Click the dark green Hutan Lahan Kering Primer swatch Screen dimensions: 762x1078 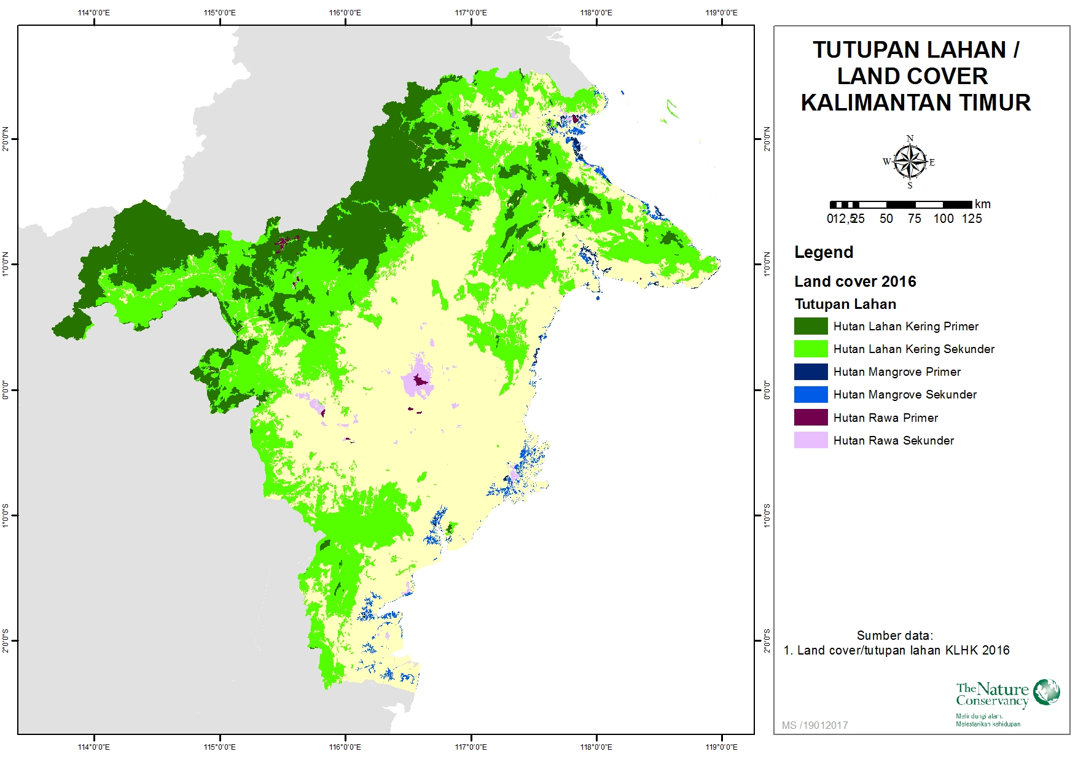click(810, 326)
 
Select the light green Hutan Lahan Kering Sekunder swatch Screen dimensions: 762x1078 click(810, 349)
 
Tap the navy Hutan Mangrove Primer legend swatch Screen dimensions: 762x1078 click(810, 371)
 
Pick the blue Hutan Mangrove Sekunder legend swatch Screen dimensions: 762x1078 click(810, 394)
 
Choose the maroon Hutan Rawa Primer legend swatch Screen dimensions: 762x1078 click(810, 418)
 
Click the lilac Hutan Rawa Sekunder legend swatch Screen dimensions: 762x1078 click(810, 440)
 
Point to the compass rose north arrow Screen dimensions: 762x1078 click(910, 161)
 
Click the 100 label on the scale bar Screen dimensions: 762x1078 click(943, 219)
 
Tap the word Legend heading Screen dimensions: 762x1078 click(823, 252)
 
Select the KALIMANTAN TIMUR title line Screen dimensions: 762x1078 click(915, 103)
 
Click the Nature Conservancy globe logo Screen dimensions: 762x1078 click(1046, 692)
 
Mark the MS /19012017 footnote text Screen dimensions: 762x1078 click(814, 725)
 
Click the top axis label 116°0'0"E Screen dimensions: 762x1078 click(345, 12)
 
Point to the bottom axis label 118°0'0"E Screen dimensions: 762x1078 click(596, 747)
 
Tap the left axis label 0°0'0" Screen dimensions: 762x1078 click(6, 389)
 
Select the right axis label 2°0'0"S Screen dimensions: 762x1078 click(766, 640)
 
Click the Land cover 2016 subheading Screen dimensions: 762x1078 click(854, 282)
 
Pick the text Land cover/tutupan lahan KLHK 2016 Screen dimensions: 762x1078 click(903, 650)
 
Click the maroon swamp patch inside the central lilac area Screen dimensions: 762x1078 click(420, 381)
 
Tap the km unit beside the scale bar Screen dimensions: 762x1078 click(982, 204)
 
